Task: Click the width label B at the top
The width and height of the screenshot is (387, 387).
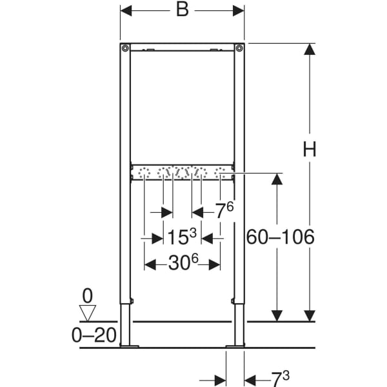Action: coord(183,10)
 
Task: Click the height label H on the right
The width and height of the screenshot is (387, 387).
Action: coord(309,150)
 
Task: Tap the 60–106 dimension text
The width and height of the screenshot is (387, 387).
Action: coord(280,237)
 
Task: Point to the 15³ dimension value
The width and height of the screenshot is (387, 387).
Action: coord(182,236)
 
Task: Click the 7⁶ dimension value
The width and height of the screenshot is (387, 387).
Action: coord(224,210)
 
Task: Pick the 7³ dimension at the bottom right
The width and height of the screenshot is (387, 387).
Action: coord(280,379)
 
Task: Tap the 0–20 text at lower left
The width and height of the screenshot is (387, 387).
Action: coord(94,335)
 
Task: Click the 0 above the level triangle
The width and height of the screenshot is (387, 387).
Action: coord(87,296)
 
